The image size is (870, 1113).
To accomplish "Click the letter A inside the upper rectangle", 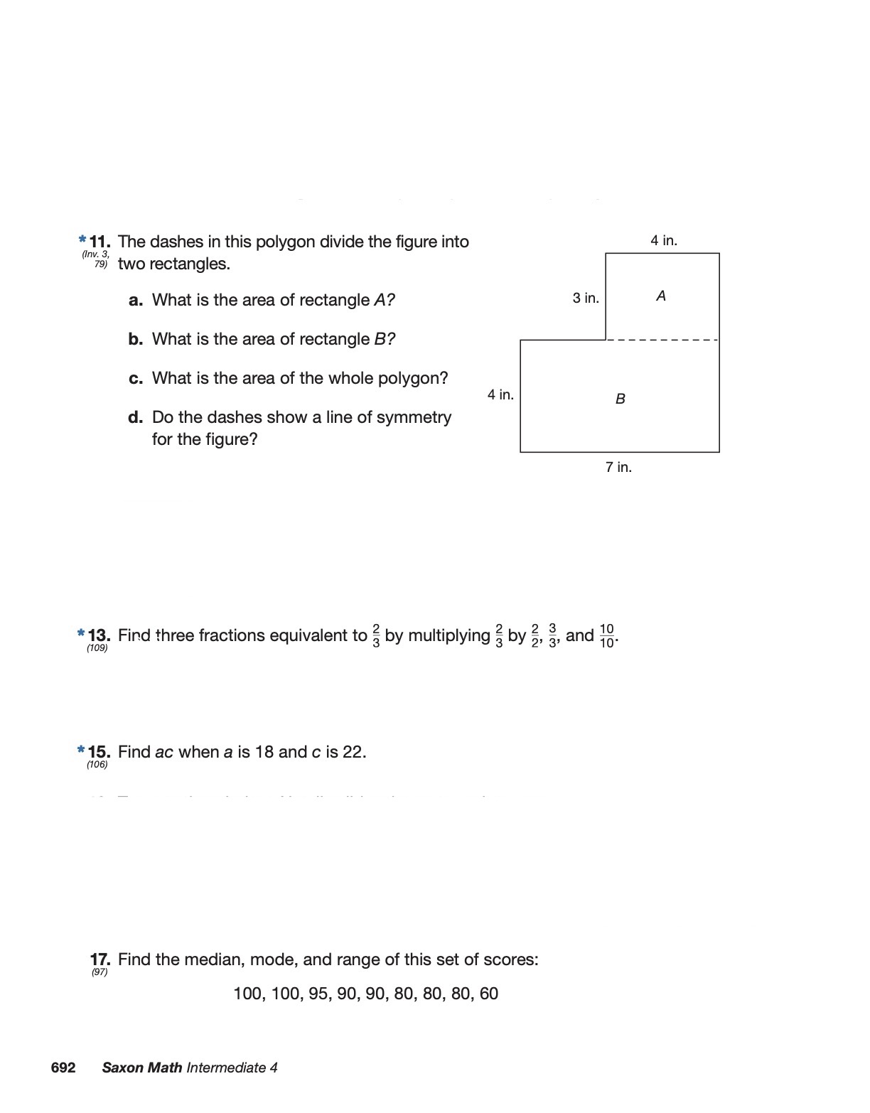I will (x=661, y=296).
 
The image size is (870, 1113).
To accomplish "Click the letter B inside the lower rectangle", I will (x=621, y=399).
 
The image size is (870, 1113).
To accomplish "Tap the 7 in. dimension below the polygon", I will (x=618, y=467).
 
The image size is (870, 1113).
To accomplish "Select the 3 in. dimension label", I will (x=586, y=298).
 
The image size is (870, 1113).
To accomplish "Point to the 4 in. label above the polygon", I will (x=664, y=240).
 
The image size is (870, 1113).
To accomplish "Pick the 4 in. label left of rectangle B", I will (x=500, y=394).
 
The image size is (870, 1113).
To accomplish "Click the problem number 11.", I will (x=100, y=242).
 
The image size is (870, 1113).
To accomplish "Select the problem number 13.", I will (x=99, y=635).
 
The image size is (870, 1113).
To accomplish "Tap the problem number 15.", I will (x=99, y=751).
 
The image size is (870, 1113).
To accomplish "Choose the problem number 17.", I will (x=100, y=959).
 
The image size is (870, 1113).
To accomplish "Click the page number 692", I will (x=63, y=1068).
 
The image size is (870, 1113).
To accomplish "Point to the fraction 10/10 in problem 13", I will (x=606, y=635).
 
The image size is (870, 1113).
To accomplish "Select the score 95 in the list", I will (x=319, y=994).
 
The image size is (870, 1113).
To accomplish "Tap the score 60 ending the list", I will (x=489, y=994).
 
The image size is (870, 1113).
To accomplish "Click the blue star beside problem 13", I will (x=82, y=633).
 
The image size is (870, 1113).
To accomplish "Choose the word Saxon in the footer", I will (x=123, y=1068).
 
